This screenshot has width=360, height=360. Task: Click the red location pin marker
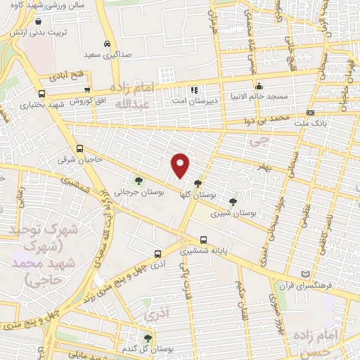[x=181, y=165]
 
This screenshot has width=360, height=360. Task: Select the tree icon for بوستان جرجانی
[x=139, y=181]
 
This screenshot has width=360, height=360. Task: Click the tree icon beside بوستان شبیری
[x=233, y=202]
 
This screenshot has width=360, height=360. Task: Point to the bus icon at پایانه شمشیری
[x=203, y=239]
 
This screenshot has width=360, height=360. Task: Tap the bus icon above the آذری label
[x=156, y=255]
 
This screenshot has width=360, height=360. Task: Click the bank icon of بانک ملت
[x=311, y=113]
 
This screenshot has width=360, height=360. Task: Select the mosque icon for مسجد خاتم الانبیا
[x=259, y=86]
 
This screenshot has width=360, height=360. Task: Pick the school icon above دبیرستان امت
[x=195, y=90]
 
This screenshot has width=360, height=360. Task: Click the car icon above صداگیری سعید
[x=106, y=42]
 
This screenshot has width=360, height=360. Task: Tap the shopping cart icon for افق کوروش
[x=87, y=90]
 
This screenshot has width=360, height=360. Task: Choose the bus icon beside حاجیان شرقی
[x=79, y=149]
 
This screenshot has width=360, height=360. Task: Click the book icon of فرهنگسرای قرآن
[x=304, y=274]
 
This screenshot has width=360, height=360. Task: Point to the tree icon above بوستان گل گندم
[x=147, y=337]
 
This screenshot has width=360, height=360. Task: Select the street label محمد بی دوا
[x=282, y=121]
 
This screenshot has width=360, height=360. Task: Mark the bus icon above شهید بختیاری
[x=42, y=93]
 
